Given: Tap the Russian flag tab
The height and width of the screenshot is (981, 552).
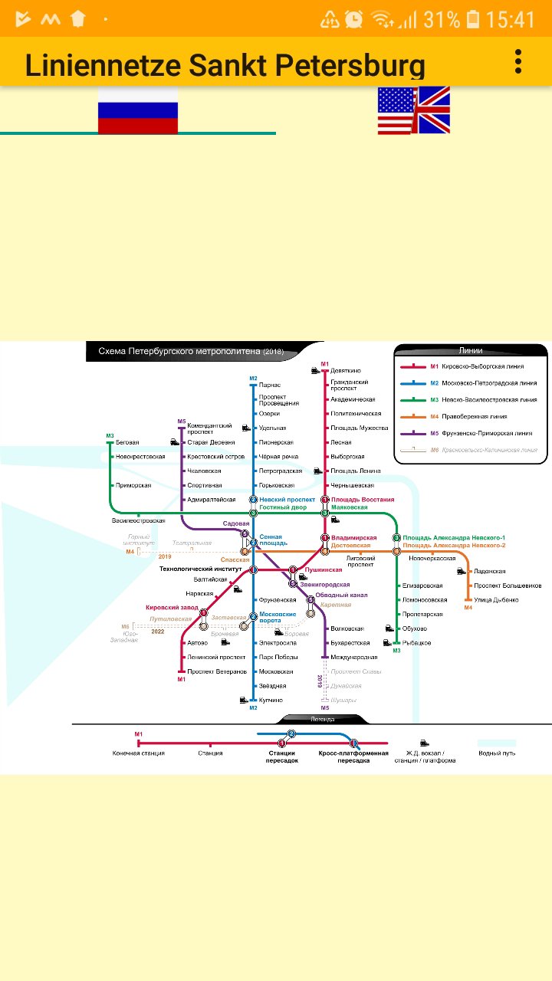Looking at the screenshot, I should click(138, 110).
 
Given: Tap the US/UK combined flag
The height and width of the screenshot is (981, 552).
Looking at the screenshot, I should click(413, 110).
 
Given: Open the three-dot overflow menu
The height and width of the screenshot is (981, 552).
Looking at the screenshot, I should click(519, 61).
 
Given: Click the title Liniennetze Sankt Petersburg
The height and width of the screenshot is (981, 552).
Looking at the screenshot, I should click(225, 66).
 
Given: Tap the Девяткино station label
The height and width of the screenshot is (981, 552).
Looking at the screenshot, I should click(346, 371).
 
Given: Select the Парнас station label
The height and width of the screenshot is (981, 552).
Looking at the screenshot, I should click(270, 385).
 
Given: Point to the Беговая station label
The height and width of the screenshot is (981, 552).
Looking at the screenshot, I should click(127, 442).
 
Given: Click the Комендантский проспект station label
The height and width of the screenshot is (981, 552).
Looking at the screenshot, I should click(209, 428).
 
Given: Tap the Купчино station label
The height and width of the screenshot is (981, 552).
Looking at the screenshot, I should click(271, 700).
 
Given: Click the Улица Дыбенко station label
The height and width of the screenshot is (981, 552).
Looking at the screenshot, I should click(496, 599).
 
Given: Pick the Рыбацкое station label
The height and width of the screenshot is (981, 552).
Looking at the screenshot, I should click(416, 643).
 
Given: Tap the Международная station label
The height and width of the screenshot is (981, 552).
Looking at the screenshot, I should click(354, 657).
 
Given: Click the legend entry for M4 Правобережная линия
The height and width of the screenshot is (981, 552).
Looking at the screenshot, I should click(479, 417).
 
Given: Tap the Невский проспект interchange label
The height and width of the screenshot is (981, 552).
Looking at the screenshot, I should click(287, 500).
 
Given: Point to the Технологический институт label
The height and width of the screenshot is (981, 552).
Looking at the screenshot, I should click(200, 569).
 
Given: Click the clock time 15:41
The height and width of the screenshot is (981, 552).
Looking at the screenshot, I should click(510, 19).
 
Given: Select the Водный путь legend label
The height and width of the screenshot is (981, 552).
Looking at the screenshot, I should click(497, 753).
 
